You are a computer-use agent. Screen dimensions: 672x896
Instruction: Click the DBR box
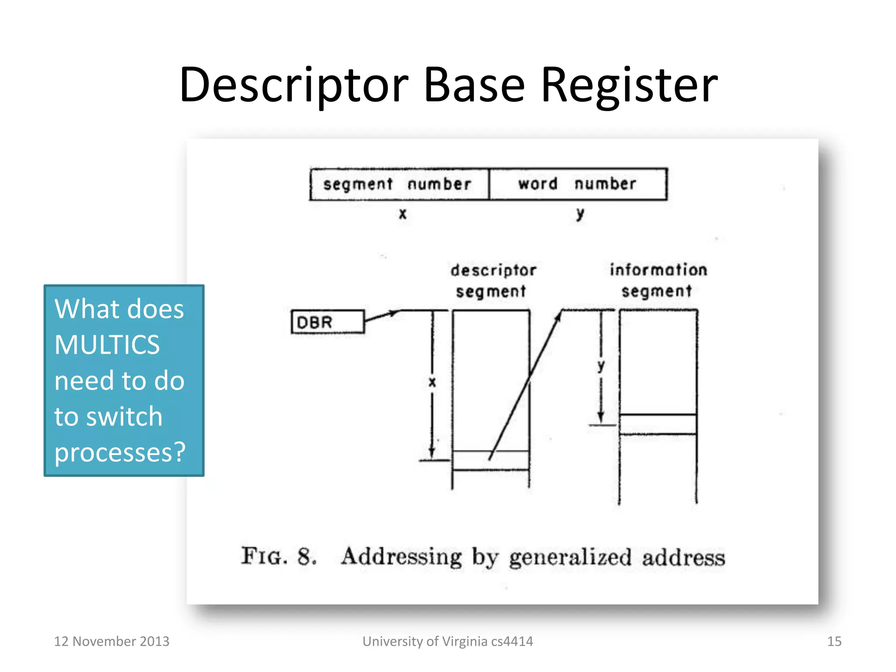327,322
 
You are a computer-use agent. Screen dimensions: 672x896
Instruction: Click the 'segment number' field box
399,184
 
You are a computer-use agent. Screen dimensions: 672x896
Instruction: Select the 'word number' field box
578,184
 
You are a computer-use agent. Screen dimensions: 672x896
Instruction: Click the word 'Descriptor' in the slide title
294,85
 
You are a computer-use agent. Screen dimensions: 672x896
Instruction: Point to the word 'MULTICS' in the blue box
107,345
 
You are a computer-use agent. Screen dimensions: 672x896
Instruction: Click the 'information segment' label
658,280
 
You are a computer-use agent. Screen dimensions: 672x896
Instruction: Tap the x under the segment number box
402,214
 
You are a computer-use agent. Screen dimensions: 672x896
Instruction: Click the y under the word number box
580,214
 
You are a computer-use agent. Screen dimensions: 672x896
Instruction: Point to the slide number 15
834,641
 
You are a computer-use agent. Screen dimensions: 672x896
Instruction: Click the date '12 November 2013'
112,641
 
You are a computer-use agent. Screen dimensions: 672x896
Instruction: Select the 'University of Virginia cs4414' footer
448,641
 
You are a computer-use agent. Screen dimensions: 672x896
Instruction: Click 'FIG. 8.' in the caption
279,556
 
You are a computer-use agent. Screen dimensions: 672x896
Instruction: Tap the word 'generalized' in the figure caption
570,557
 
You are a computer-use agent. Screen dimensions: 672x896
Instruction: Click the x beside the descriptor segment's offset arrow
432,382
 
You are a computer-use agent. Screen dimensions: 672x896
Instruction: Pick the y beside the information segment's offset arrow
601,366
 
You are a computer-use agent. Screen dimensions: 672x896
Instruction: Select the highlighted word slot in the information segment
658,424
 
